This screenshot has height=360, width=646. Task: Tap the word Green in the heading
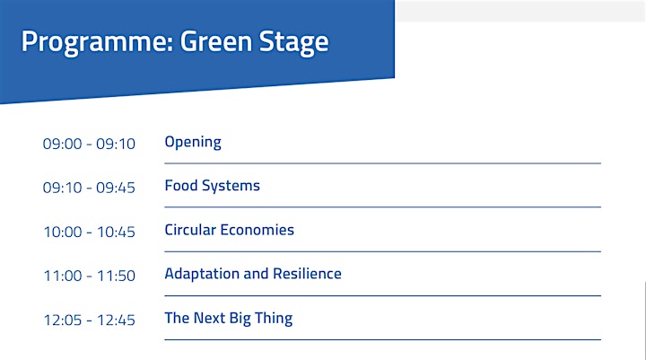pyautogui.click(x=216, y=41)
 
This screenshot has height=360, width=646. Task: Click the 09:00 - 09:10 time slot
pyautogui.click(x=89, y=144)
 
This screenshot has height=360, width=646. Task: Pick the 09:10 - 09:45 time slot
pyautogui.click(x=89, y=188)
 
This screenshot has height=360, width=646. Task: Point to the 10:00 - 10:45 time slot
pyautogui.click(x=90, y=232)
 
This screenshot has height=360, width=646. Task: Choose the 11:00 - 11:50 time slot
pyautogui.click(x=90, y=276)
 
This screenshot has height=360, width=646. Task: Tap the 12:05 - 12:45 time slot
pyautogui.click(x=90, y=320)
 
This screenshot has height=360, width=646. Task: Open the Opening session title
pyautogui.click(x=193, y=143)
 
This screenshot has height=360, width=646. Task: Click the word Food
pyautogui.click(x=181, y=186)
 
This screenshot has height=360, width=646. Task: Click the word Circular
pyautogui.click(x=191, y=230)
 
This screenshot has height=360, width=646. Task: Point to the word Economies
pyautogui.click(x=258, y=230)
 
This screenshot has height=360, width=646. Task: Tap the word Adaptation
pyautogui.click(x=202, y=274)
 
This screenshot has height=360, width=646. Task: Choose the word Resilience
pyautogui.click(x=308, y=274)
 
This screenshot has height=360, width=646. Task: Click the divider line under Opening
pyautogui.click(x=383, y=163)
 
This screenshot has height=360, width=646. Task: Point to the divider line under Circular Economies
pyautogui.click(x=383, y=251)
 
